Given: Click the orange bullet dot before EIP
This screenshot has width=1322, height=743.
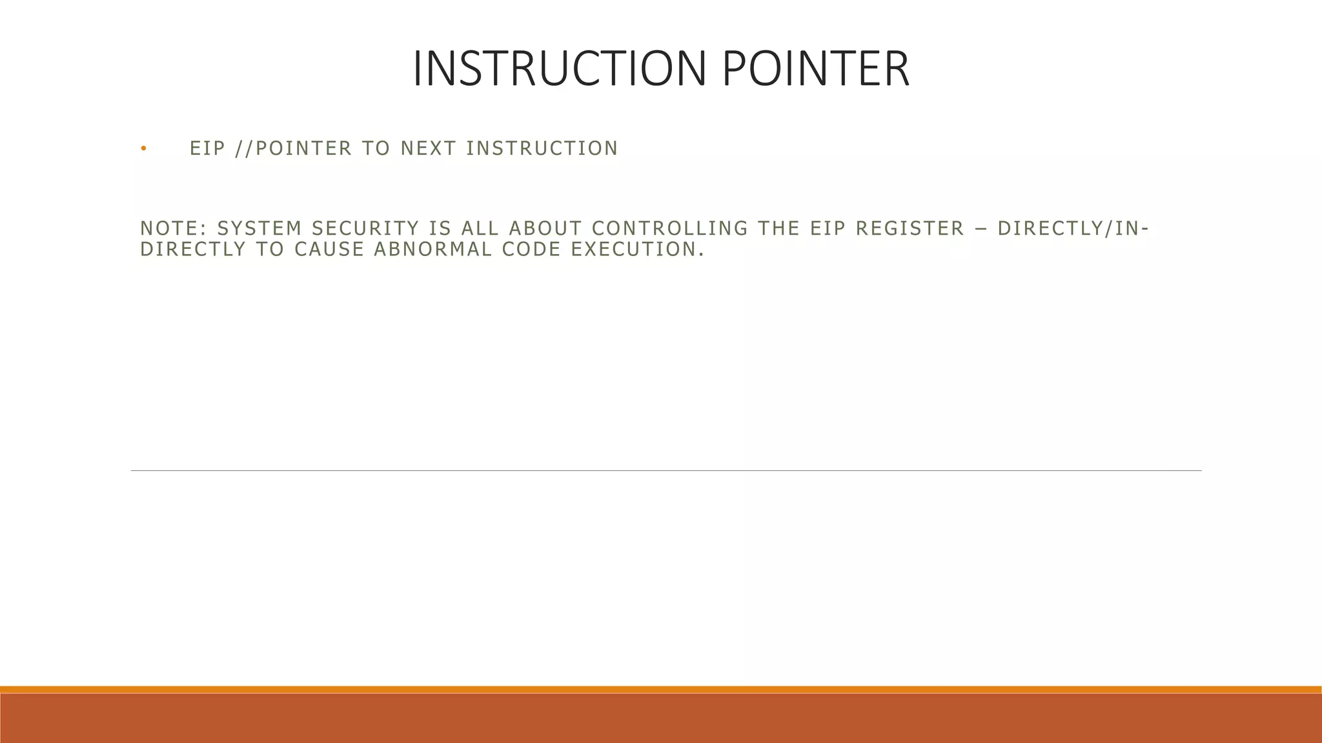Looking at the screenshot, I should coord(143,150).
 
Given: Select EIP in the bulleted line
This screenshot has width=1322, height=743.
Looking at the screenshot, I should coord(207,149).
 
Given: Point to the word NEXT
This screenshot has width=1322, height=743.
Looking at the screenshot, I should coord(428,149).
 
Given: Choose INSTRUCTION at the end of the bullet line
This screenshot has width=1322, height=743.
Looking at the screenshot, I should coord(542,149).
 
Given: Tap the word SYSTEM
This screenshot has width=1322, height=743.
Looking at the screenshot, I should coord(259,229).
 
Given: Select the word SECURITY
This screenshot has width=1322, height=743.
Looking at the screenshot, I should coord(365,229).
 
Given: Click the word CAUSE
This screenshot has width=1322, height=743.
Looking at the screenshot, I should coord(329,250).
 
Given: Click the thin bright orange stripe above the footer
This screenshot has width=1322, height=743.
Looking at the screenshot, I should coord(661,689).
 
